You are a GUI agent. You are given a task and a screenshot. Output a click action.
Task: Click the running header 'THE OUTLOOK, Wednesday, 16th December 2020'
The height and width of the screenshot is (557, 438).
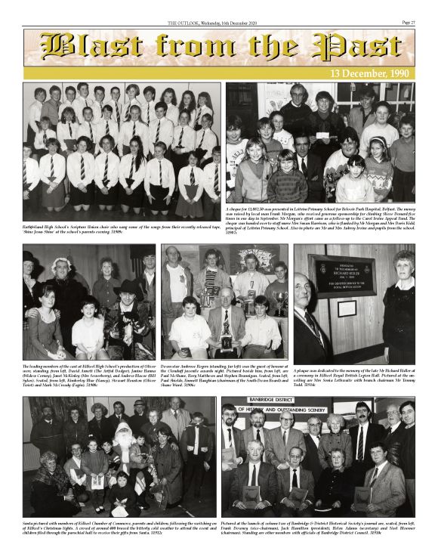[x=219, y=23]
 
